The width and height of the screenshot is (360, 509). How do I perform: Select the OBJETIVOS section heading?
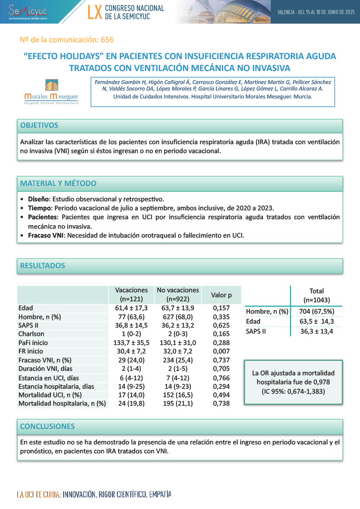coord(39,125)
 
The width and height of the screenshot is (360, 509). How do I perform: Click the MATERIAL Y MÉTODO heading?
coord(58,183)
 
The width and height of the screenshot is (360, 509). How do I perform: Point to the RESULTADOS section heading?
coord(42,266)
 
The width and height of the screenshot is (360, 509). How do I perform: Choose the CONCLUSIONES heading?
coord(47,426)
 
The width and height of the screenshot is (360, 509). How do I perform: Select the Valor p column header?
coord(221,295)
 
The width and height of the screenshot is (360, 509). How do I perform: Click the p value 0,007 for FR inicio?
coord(221,351)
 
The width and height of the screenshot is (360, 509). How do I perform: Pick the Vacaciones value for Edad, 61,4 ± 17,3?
coord(131,308)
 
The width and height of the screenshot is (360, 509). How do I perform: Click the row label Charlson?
coord(31,334)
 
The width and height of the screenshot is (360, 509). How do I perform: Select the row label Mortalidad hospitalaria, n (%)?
coord(62,404)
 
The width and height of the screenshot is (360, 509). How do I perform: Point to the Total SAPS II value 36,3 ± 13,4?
coord(316,331)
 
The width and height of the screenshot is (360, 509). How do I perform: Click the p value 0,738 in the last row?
coord(221,404)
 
